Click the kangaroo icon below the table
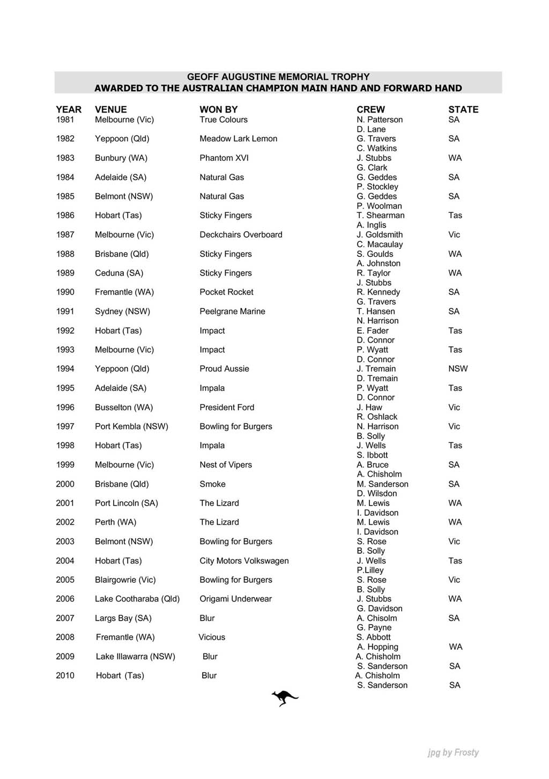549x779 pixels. [x=285, y=698]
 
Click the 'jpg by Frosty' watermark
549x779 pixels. [x=453, y=752]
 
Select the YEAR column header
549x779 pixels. [x=69, y=109]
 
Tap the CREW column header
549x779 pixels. [x=370, y=109]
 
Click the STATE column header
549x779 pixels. [x=463, y=109]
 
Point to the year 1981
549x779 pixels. [x=65, y=120]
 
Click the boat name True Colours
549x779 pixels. [x=224, y=120]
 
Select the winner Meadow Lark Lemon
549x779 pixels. [x=238, y=139]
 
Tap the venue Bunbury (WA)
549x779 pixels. [x=121, y=158]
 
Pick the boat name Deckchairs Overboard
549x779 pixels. [x=241, y=235]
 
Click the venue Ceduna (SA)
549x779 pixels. [x=119, y=273]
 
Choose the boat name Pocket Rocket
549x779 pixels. [x=226, y=292]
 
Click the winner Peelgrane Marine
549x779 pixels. [x=232, y=311]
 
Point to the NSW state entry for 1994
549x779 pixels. [x=458, y=369]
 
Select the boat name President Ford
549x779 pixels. [x=227, y=407]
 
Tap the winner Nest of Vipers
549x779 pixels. [x=226, y=465]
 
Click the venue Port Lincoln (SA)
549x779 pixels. [x=126, y=503]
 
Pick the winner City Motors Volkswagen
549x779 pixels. [x=244, y=561]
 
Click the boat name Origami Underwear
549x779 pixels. [x=235, y=599]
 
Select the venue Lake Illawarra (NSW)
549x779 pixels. [x=135, y=656]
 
